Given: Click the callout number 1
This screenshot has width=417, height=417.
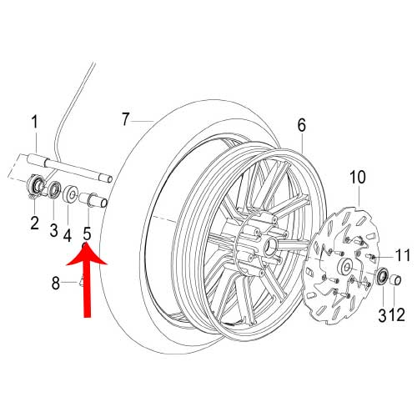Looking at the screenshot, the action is tap(34, 123).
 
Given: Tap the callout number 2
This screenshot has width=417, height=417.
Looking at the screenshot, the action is tap(34, 223).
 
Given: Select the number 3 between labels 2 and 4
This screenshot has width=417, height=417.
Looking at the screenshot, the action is tap(53, 230).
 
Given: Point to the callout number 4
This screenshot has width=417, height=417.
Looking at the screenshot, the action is tap(68, 235).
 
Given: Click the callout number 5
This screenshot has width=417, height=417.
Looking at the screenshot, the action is tap(87, 234).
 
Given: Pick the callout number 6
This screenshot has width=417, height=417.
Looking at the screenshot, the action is tap(301, 125).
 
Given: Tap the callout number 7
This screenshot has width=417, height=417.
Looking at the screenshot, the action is tap(126, 119).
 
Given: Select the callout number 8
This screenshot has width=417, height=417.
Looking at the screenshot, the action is tap(56, 284).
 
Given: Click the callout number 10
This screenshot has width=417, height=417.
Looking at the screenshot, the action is tap(358, 177).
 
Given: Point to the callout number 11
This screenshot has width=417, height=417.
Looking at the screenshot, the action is tap(402, 255).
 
